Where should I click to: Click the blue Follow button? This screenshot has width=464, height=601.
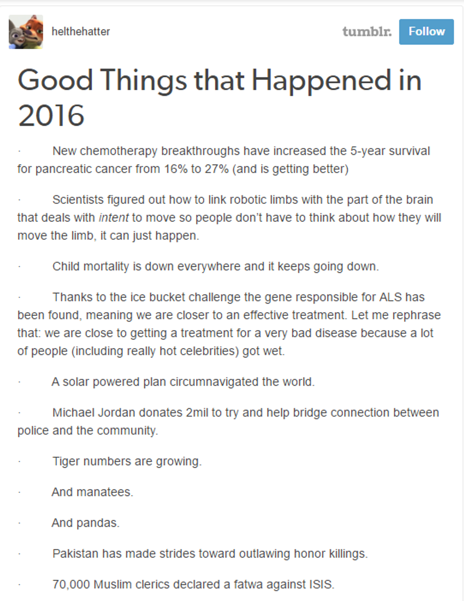pyautogui.click(x=426, y=32)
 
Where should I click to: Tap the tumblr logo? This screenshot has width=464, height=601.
pyautogui.click(x=367, y=32)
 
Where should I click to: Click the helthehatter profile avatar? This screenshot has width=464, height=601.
pyautogui.click(x=26, y=32)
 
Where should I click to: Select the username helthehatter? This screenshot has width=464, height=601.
pyautogui.click(x=80, y=32)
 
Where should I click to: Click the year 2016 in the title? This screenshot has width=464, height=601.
pyautogui.click(x=51, y=115)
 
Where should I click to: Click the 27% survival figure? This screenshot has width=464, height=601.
pyautogui.click(x=216, y=169)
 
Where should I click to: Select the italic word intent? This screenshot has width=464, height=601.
pyautogui.click(x=114, y=218)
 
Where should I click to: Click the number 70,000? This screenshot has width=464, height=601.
pyautogui.click(x=71, y=584)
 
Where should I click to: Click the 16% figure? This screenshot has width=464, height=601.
pyautogui.click(x=176, y=169)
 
